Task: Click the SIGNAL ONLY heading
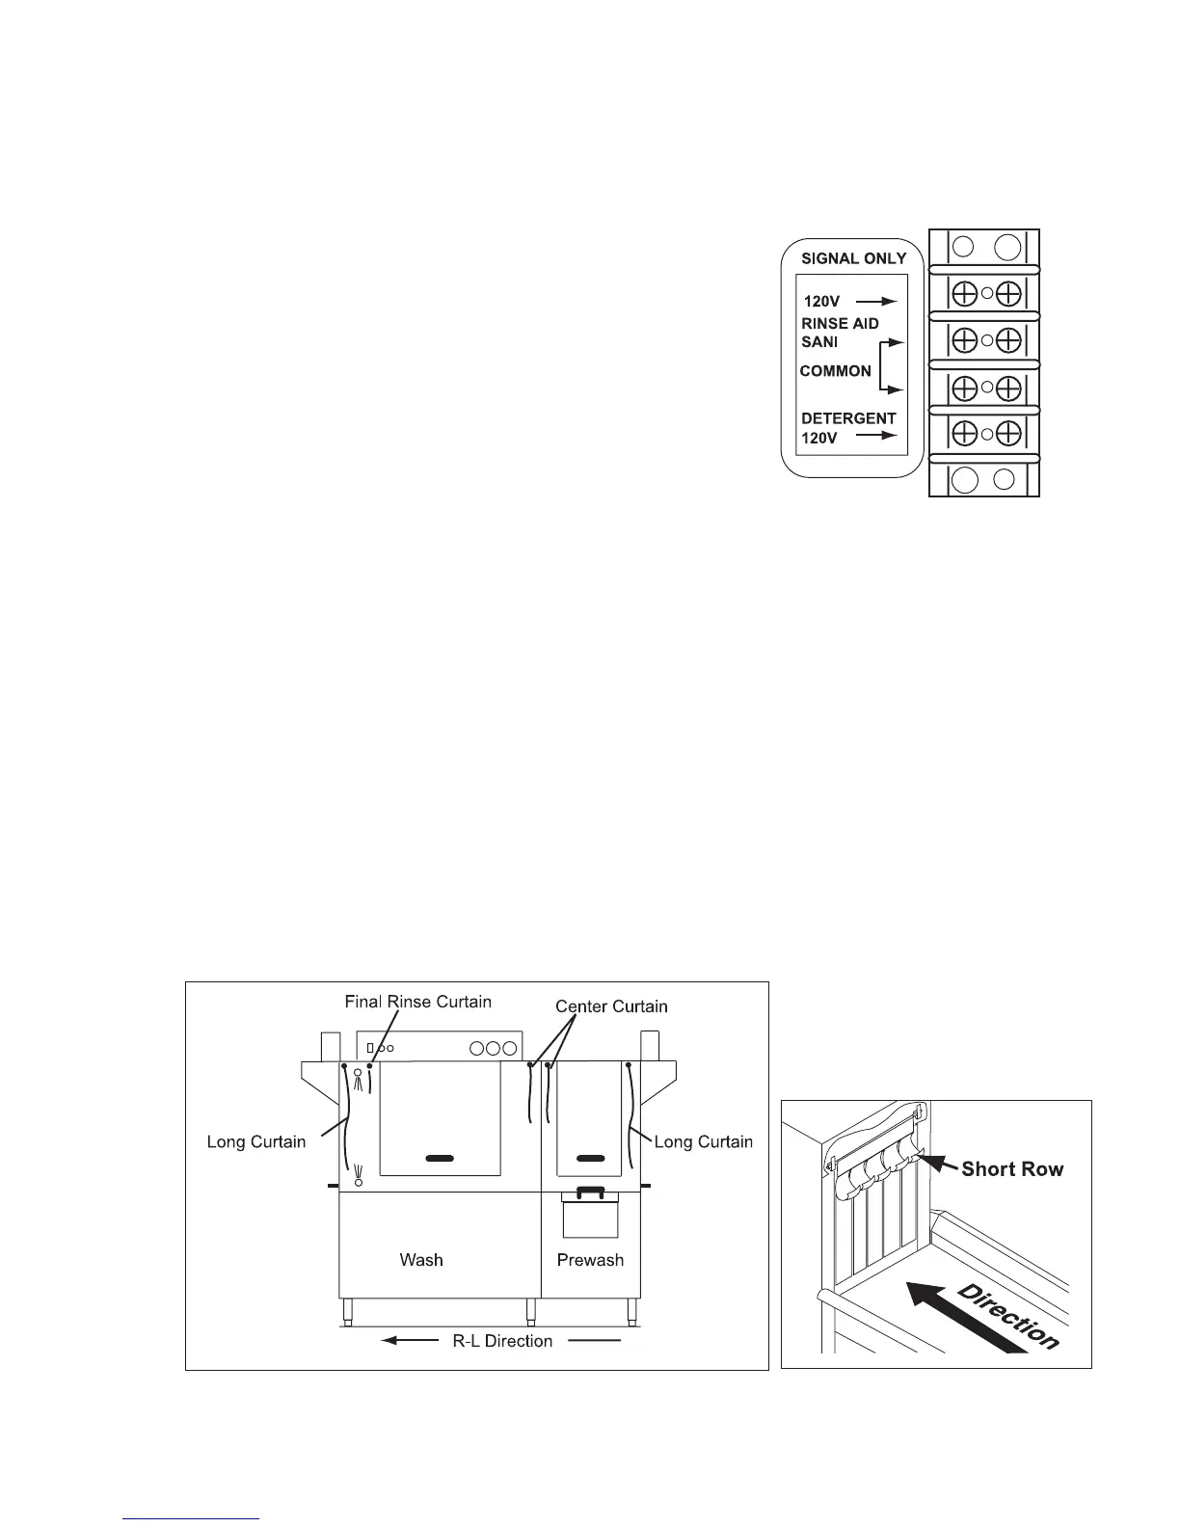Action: click(853, 258)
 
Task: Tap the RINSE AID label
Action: click(840, 324)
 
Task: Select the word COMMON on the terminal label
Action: click(835, 371)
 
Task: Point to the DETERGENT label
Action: click(848, 418)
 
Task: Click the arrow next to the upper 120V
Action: click(877, 302)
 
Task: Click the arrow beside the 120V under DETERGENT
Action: click(877, 437)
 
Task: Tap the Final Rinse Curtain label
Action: click(417, 1002)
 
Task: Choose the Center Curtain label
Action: click(611, 1006)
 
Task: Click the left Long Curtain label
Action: click(255, 1142)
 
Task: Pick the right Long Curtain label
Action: click(703, 1142)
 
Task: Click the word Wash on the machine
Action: click(421, 1260)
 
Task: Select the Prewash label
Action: click(590, 1260)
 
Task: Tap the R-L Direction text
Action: click(502, 1341)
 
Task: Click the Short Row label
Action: click(1012, 1169)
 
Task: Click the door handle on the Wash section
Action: click(439, 1157)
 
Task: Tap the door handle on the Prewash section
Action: click(590, 1157)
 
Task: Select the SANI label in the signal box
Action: click(819, 342)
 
